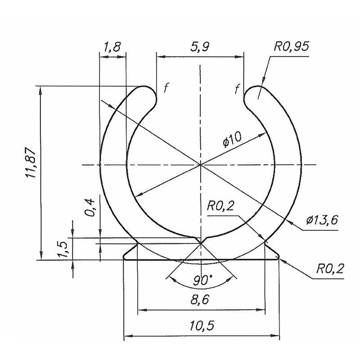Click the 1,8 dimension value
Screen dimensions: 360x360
[x=112, y=47]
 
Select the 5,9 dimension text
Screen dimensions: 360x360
[x=200, y=47]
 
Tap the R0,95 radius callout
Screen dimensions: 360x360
[x=291, y=47]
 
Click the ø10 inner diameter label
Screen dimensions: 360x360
[x=232, y=140]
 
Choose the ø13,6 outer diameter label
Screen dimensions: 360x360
[x=322, y=220]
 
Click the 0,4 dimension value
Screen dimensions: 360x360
[x=90, y=208]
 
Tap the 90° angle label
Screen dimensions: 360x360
[x=202, y=280]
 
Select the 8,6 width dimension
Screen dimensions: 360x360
[x=200, y=300]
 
